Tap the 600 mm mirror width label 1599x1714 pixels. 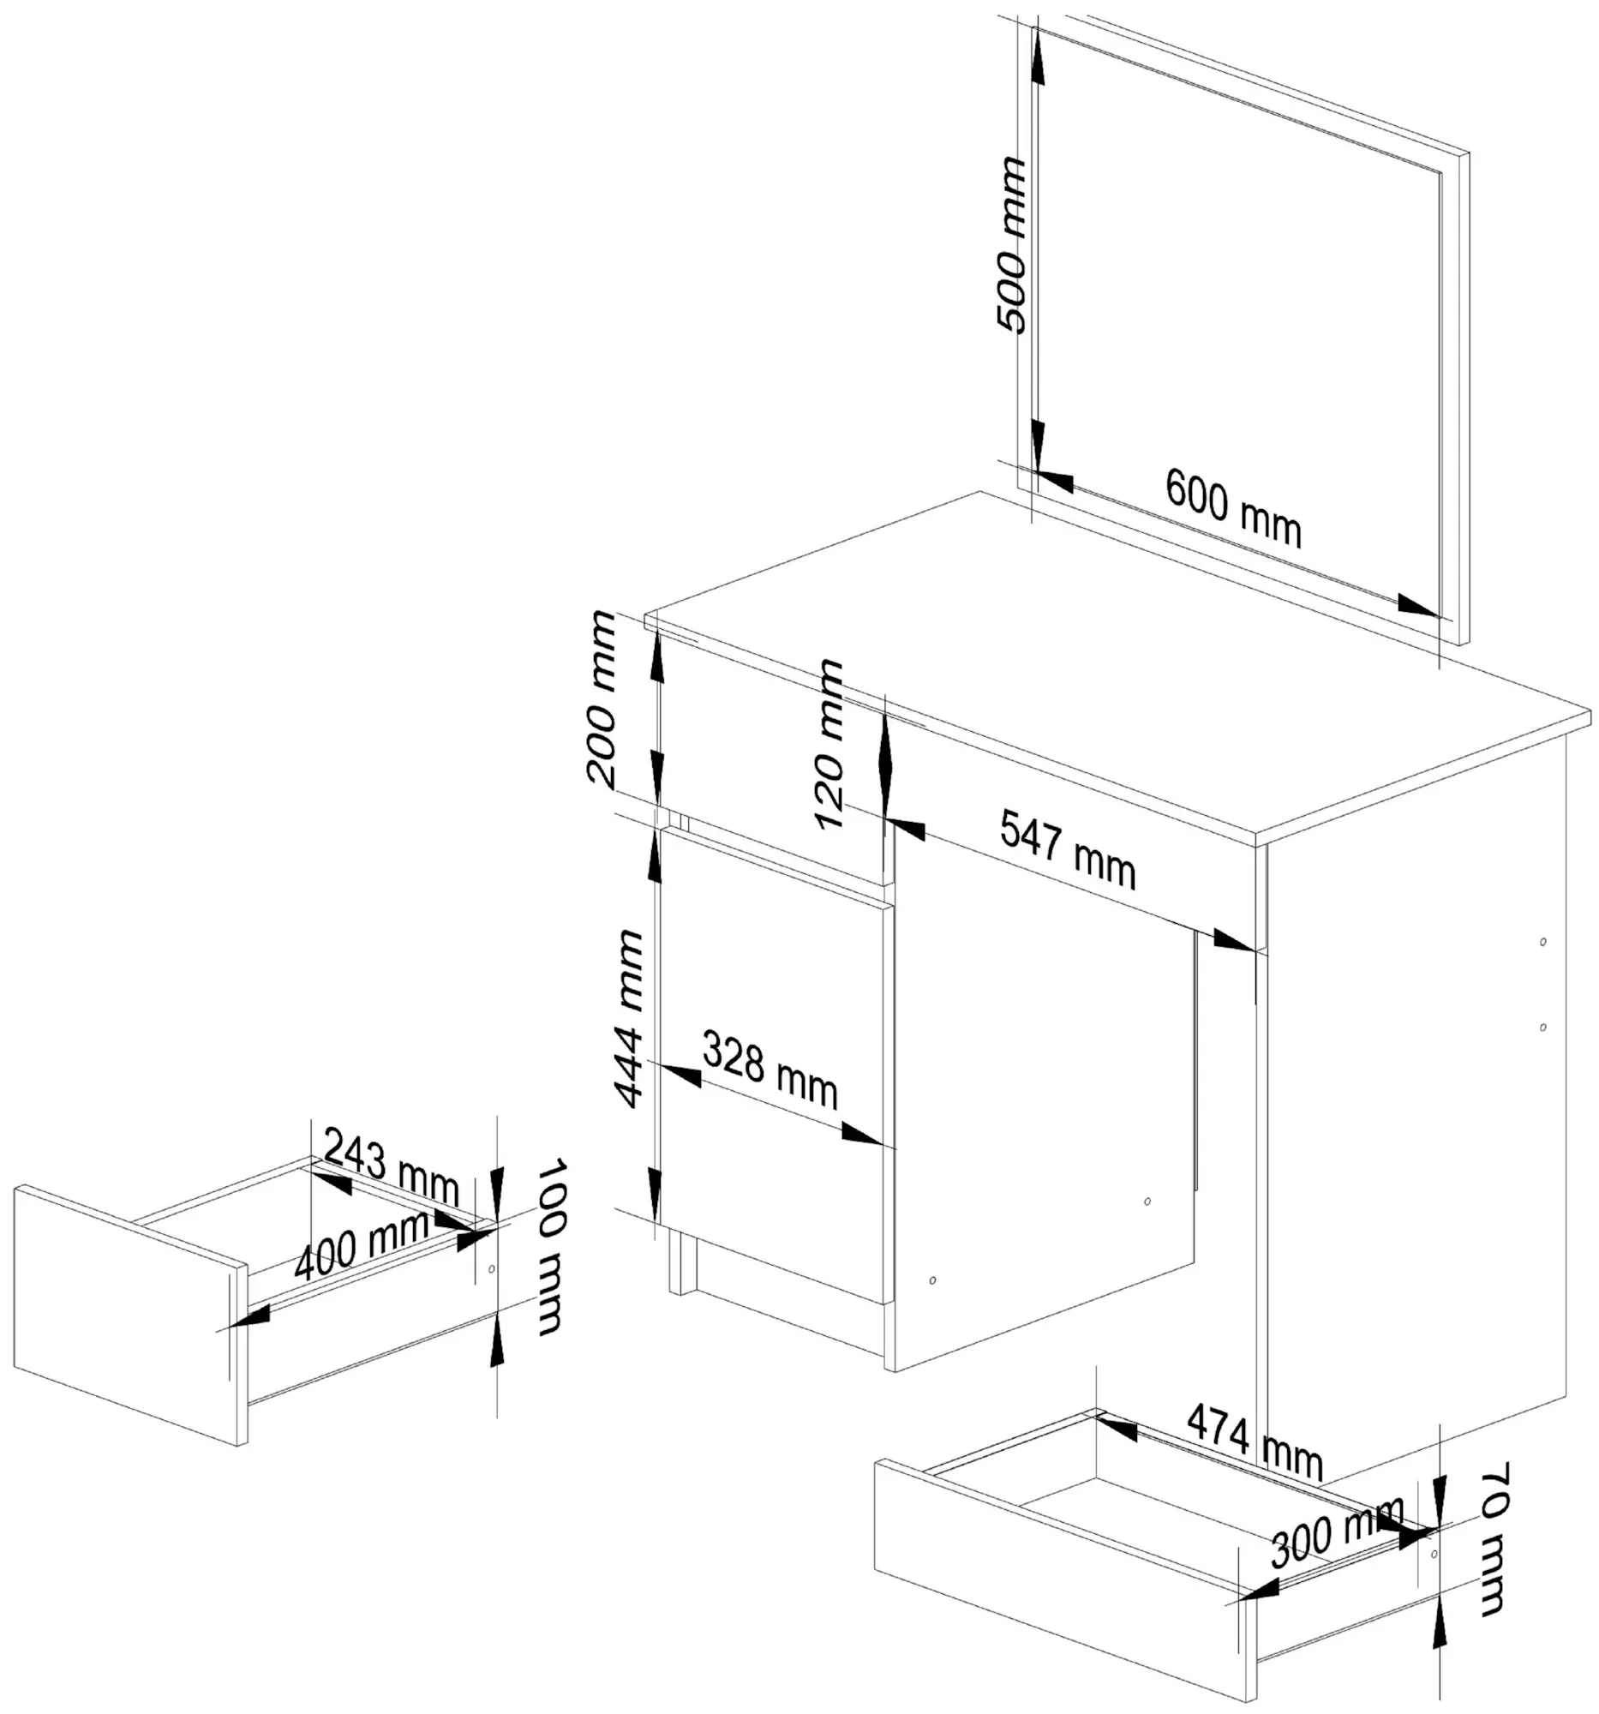click(x=1232, y=509)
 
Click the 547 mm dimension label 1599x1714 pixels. click(x=1067, y=850)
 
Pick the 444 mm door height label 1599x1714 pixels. click(x=628, y=1018)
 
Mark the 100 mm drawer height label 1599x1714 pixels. click(x=550, y=1247)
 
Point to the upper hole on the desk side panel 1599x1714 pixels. click(x=1543, y=942)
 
